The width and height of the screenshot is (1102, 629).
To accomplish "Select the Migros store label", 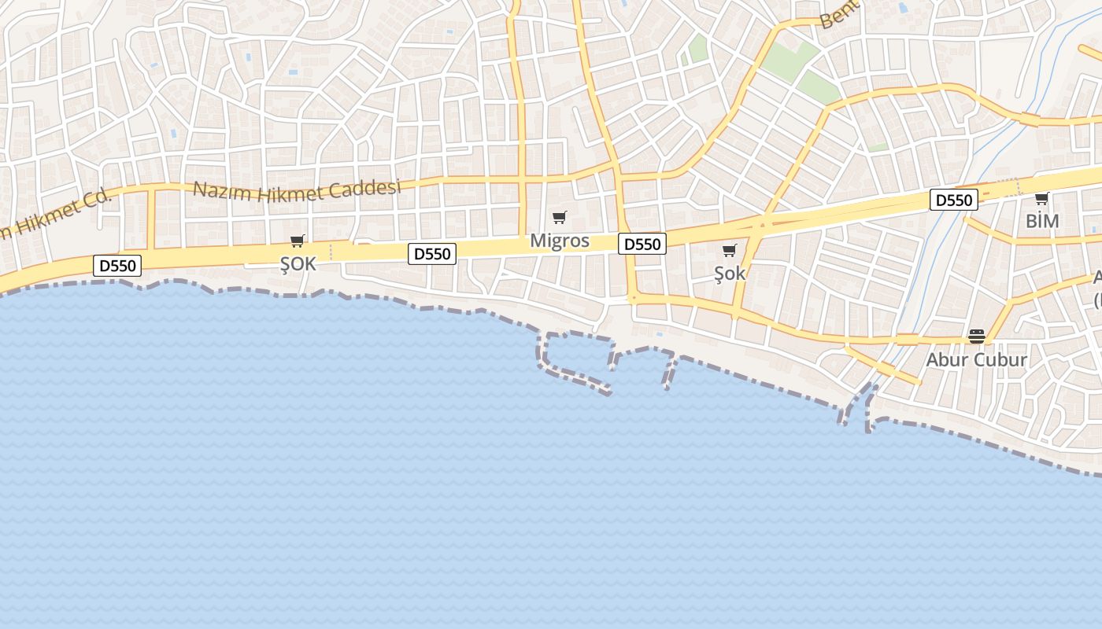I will tap(560, 241).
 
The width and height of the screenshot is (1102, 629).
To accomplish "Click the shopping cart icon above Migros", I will tap(560, 217).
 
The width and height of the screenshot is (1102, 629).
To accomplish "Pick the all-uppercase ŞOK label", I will tap(298, 264).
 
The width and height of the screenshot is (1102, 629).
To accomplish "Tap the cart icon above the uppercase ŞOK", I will tap(298, 241).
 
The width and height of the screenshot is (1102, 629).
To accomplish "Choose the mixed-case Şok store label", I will tap(730, 274).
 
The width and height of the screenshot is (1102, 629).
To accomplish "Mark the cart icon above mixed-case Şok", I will tap(730, 251).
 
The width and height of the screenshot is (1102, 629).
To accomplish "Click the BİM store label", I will tap(1042, 222).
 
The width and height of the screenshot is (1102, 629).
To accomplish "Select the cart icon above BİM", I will tap(1042, 198).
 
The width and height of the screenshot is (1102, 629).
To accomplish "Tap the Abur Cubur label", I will tap(976, 359).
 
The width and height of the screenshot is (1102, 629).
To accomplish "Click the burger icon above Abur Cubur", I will tap(977, 337).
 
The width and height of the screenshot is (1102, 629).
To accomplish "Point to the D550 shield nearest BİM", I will tap(954, 200).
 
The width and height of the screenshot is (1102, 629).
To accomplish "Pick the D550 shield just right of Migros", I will tap(642, 245).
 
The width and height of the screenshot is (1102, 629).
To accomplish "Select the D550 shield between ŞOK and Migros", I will tap(432, 254).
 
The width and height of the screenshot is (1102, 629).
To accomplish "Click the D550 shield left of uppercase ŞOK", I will tap(118, 266).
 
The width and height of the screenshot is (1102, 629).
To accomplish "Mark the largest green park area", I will tap(791, 63).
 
